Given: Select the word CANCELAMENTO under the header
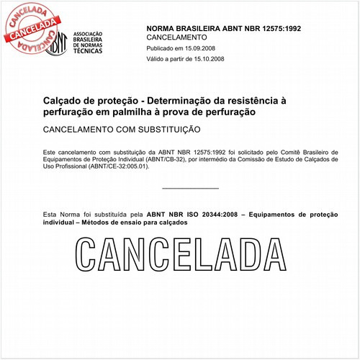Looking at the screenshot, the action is [176, 37].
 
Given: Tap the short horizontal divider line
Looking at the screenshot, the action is [190, 189].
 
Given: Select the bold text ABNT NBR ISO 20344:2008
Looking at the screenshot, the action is [192, 215].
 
